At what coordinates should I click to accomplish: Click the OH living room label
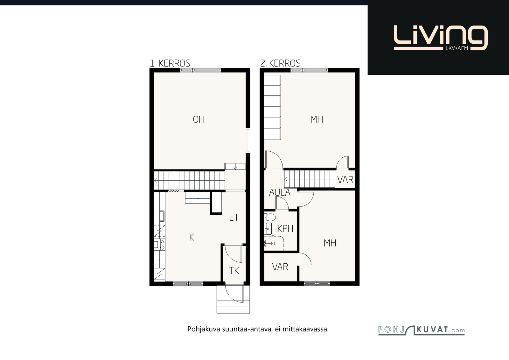pyautogui.click(x=199, y=120)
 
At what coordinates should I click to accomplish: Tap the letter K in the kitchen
pyautogui.click(x=192, y=237)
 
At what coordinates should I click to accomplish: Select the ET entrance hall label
pyautogui.click(x=234, y=217)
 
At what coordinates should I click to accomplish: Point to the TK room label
pyautogui.click(x=234, y=271)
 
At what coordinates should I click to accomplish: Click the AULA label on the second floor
pyautogui.click(x=280, y=193)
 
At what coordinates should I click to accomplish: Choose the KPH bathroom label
pyautogui.click(x=285, y=228)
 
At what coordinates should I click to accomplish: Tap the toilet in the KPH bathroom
pyautogui.click(x=270, y=217)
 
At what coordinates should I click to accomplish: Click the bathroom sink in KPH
pyautogui.click(x=268, y=228)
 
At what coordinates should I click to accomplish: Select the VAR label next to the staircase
pyautogui.click(x=345, y=180)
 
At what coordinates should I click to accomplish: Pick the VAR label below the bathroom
pyautogui.click(x=280, y=267)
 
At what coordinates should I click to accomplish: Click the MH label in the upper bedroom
pyautogui.click(x=317, y=120)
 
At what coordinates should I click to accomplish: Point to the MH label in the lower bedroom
pyautogui.click(x=330, y=243)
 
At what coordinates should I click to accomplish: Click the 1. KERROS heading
pyautogui.click(x=170, y=63)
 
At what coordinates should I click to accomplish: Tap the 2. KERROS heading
pyautogui.click(x=280, y=63)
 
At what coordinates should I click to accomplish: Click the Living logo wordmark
pyautogui.click(x=441, y=38)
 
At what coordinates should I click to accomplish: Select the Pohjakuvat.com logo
pyautogui.click(x=422, y=330)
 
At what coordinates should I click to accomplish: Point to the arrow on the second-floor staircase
pyautogui.click(x=286, y=179)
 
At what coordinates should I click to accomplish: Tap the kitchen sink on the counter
pyautogui.click(x=162, y=216)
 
